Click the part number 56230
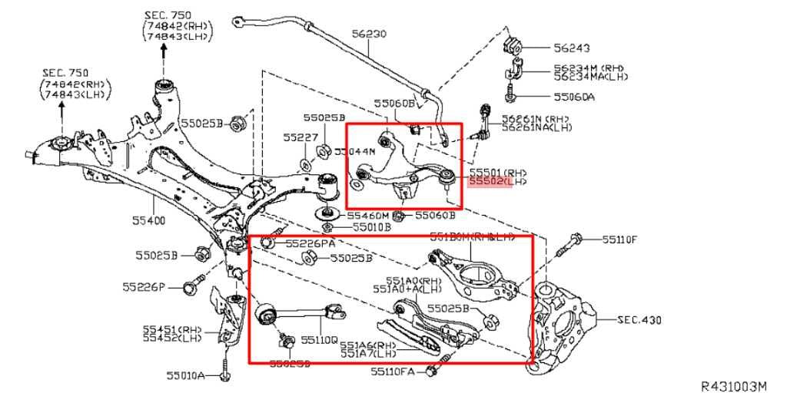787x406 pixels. coord(369,34)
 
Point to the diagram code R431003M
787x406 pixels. coord(734,386)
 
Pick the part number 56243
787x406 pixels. coord(572,48)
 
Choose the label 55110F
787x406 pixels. coord(619,239)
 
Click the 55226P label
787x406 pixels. coord(144,287)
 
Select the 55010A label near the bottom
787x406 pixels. coord(184,375)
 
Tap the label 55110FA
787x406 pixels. coord(392,371)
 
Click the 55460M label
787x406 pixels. coord(371,216)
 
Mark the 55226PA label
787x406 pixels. coord(311,243)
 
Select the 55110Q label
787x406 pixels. coord(319,338)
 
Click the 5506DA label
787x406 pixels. coord(573,97)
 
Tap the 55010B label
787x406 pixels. coord(372,227)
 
